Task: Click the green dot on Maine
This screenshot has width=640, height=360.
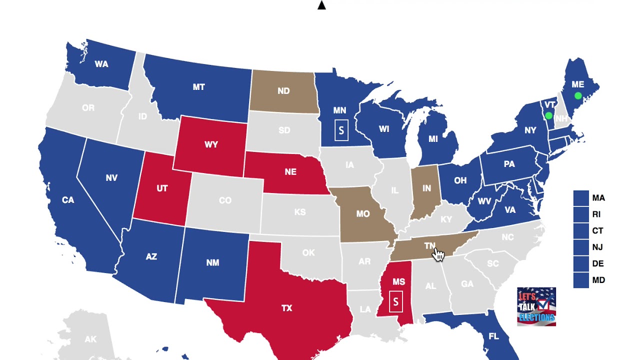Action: (578, 95)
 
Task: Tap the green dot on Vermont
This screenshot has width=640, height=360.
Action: (548, 115)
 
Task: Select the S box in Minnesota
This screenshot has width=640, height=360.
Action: (341, 130)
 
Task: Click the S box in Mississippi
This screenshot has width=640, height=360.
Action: (396, 302)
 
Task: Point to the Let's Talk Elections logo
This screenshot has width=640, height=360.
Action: (536, 306)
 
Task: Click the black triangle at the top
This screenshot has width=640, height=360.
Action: (321, 5)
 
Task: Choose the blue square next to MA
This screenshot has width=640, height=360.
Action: (581, 198)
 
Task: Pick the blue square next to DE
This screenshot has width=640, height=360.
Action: (581, 263)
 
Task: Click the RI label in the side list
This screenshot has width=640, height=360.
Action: (596, 214)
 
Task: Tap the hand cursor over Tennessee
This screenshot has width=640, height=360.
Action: (438, 254)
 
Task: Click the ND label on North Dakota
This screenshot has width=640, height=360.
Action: (283, 91)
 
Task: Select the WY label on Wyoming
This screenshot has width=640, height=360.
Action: (211, 144)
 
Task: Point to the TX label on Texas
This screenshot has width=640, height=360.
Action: (286, 308)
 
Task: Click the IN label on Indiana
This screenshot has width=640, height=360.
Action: (426, 188)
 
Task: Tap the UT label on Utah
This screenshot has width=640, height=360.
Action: (162, 188)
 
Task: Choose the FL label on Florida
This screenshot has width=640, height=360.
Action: (493, 336)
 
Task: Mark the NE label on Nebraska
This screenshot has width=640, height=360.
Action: (290, 172)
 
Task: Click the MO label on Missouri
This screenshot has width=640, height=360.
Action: (363, 214)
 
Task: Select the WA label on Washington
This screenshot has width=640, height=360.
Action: (101, 64)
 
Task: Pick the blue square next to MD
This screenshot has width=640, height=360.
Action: (581, 280)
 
